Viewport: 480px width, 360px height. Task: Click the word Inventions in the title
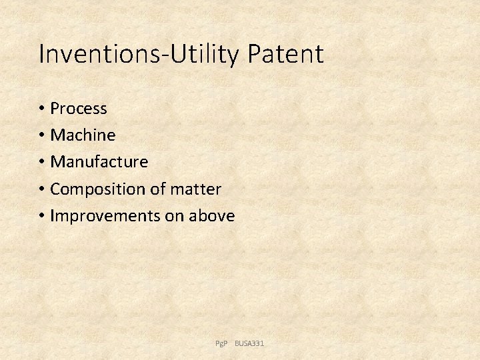coord(97,54)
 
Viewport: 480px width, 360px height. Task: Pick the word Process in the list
coord(79,108)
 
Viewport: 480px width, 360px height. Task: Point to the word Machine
coord(83,135)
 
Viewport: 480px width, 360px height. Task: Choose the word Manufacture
coord(99,162)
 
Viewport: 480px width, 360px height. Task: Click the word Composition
coord(98,189)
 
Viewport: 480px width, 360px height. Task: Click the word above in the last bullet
coord(212,216)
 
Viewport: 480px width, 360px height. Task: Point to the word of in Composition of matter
coord(157,189)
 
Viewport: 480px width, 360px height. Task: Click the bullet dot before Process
coord(42,109)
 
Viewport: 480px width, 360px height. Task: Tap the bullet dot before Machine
coord(42,136)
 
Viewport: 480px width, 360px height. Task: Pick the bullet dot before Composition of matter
coord(42,190)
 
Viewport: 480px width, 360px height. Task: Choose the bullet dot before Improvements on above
coord(42,217)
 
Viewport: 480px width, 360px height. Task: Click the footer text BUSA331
coord(249,343)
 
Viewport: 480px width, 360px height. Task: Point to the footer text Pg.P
coord(221,343)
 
